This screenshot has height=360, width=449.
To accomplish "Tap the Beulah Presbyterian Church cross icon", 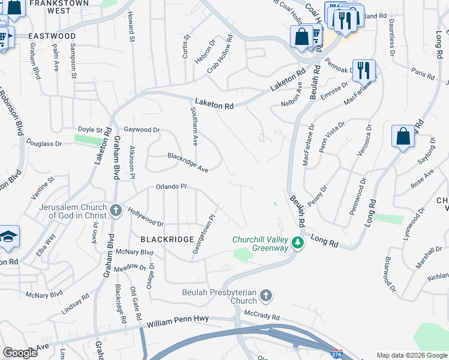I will [x=266, y=295].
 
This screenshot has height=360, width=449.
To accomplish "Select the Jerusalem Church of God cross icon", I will [x=116, y=211].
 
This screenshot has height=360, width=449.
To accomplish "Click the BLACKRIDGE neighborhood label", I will [x=167, y=239].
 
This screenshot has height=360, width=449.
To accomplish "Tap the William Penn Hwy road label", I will [x=178, y=322].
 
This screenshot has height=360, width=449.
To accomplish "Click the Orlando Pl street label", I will [x=172, y=187].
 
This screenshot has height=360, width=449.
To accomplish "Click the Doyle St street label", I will [x=91, y=129].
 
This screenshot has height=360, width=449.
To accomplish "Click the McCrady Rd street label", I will [x=262, y=316].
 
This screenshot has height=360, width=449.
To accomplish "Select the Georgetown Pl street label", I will [x=203, y=235].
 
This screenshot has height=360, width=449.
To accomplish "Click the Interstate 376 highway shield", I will [x=337, y=354].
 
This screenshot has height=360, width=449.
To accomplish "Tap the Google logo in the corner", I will [x=20, y=353].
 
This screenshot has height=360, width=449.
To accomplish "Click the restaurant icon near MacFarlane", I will [x=364, y=70].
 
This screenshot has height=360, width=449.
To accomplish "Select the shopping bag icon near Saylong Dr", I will [x=403, y=136].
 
